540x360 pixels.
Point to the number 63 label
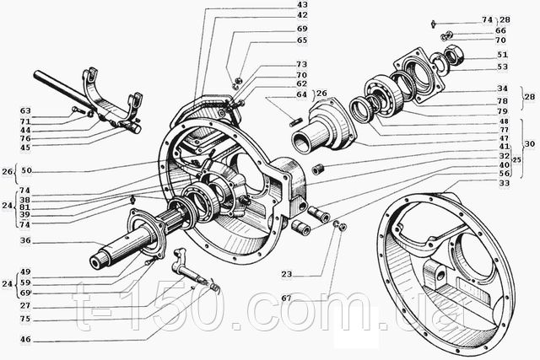(25, 110)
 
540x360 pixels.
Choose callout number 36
(25, 240)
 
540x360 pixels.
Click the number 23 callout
(287, 274)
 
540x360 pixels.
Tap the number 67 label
(287, 297)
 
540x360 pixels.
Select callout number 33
(503, 184)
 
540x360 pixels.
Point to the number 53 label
(502, 67)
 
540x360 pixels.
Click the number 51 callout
(502, 55)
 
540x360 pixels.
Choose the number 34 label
(502, 89)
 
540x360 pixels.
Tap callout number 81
(25, 207)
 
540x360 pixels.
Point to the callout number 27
(25, 305)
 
